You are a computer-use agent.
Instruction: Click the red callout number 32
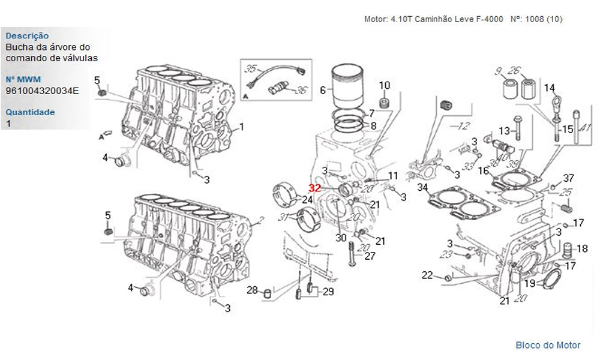pos(315,188)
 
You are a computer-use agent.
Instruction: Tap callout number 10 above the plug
pos(384,85)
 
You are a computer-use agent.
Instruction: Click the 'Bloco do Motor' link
pos(548,345)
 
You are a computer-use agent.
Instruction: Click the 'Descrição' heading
pos(27,36)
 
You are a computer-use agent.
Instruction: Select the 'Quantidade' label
pos(30,112)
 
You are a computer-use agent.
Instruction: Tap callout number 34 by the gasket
pos(422,188)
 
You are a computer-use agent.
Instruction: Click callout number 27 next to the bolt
pos(370,256)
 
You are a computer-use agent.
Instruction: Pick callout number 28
pos(252,290)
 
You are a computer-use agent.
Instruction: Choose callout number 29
pos(328,292)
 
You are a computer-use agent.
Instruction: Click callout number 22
pos(427,275)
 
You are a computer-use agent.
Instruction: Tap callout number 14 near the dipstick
pos(549,88)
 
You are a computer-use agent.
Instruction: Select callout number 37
pos(568,178)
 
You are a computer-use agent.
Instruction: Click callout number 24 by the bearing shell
pos(307,200)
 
